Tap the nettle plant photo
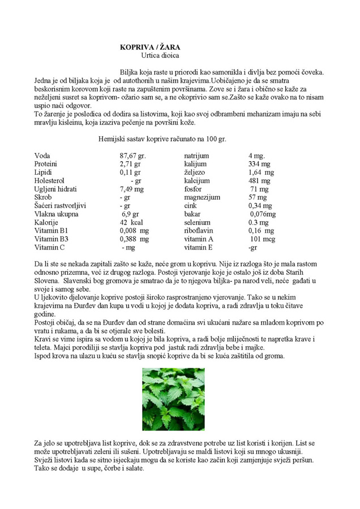[173, 399]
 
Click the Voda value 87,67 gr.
[133, 156]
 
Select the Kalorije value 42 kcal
[131, 223]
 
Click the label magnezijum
[202, 197]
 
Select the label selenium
[198, 223]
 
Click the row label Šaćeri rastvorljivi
[60, 206]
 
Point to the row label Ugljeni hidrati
[55, 189]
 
